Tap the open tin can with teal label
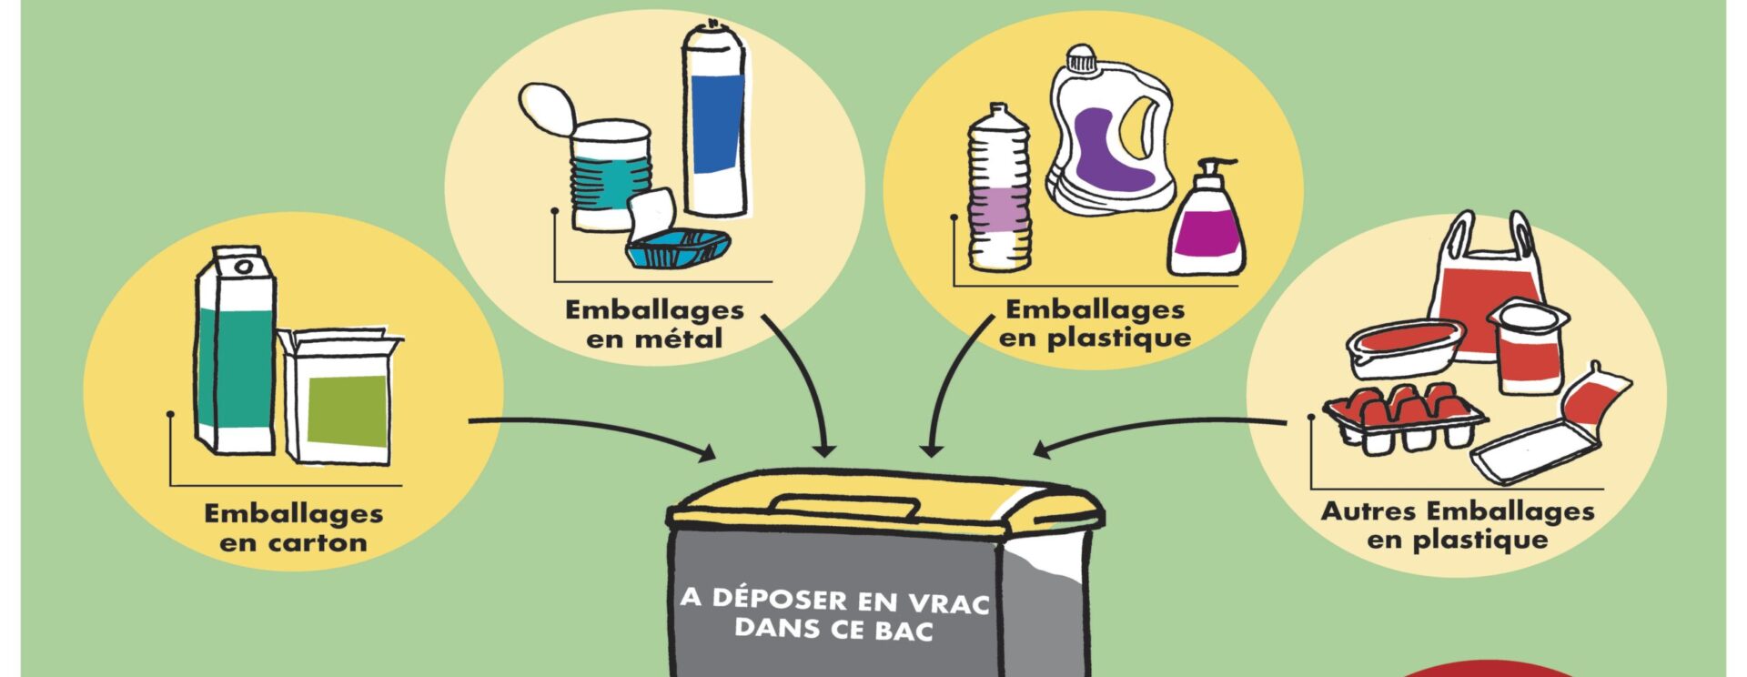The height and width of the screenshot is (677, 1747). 610,173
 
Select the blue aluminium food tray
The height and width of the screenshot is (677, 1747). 677,248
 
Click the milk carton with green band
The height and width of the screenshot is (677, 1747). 235,350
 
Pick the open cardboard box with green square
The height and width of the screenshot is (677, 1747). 339,396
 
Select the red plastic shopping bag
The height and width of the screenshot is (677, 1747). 1485,282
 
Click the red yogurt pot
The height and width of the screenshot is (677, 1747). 1528,346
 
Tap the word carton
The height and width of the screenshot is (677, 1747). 318,543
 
